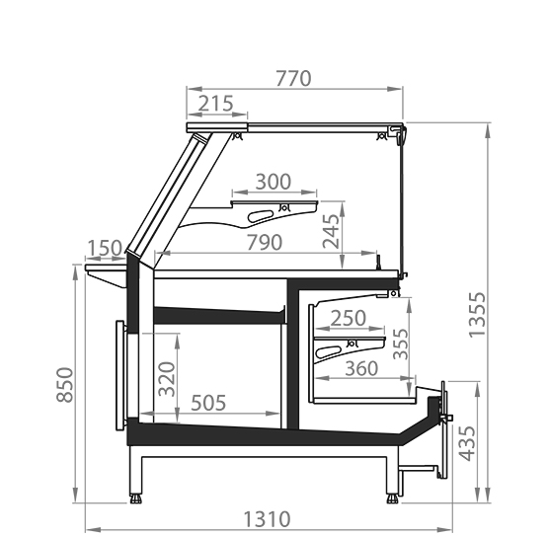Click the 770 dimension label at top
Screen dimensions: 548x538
pos(293,79)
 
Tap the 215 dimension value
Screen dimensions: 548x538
pos(215,104)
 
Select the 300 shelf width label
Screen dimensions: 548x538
pos(273,182)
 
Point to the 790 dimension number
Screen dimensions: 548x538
pos(265,243)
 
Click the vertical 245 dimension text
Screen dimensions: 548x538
pos(331,231)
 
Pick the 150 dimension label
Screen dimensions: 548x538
pos(104,248)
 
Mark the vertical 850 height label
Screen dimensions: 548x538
pos(65,385)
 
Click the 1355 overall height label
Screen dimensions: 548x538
pos(477,315)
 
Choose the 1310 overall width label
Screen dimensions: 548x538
pos(267,519)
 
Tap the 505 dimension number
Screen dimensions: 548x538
pos(208,403)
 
